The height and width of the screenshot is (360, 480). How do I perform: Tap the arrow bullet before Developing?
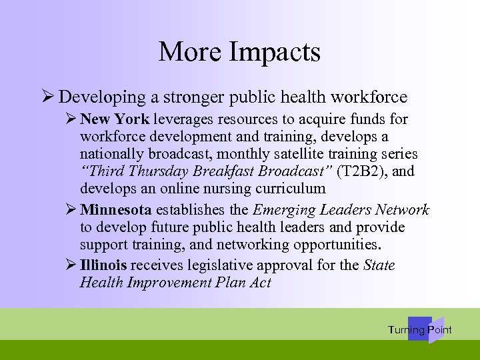[x=47, y=97]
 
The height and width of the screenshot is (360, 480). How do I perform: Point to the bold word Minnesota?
[x=115, y=210]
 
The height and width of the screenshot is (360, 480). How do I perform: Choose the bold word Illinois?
[x=103, y=265]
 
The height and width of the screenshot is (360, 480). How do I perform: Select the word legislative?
[x=223, y=265]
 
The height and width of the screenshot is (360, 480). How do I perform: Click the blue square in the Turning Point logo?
[x=419, y=329]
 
